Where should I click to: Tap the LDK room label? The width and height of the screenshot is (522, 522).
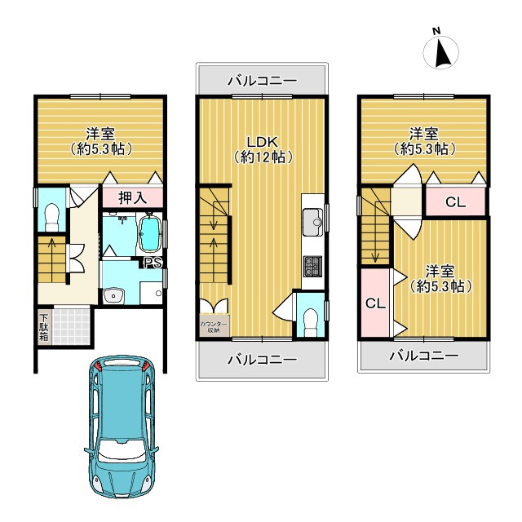[263, 142]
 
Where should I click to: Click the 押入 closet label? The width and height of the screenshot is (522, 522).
[132, 197]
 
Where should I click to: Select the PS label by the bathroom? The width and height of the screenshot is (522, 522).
[153, 263]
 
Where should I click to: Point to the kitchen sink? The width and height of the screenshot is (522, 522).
[313, 221]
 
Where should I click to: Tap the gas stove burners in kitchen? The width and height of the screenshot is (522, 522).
[312, 267]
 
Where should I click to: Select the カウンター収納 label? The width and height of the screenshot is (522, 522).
[214, 327]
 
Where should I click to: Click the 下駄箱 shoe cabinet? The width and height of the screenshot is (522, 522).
[44, 327]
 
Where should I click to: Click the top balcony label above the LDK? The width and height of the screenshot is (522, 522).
[262, 81]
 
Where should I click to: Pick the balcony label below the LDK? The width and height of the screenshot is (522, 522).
[262, 360]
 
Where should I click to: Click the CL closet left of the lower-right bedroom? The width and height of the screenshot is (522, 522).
[375, 303]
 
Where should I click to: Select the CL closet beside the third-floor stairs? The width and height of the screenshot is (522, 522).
[455, 201]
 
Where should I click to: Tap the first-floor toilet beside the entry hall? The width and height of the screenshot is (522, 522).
[51, 217]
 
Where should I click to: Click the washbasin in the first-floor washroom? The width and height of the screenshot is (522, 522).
[113, 295]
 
